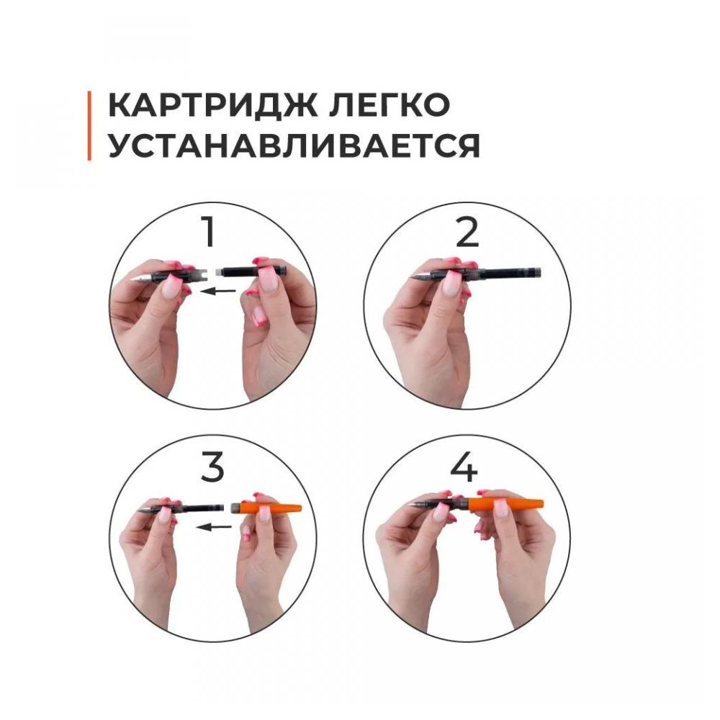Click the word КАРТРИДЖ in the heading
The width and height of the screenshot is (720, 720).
pyautogui.click(x=213, y=106)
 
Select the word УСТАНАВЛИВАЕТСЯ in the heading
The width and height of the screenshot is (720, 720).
pyautogui.click(x=294, y=146)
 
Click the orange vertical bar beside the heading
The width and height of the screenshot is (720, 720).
pyautogui.click(x=89, y=126)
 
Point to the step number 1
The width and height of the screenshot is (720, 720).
pyautogui.click(x=209, y=232)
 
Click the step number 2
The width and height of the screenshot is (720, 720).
pyautogui.click(x=467, y=233)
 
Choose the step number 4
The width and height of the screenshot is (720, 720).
pyautogui.click(x=464, y=467)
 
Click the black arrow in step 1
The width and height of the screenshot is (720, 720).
pyautogui.click(x=217, y=291)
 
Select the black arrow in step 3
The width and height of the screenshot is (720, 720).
pyautogui.click(x=214, y=527)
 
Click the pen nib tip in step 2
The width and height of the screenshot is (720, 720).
pyautogui.click(x=410, y=276)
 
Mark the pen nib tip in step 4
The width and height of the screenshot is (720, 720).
pyautogui.click(x=410, y=506)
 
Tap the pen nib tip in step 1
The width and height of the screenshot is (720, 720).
pyautogui.click(x=132, y=279)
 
